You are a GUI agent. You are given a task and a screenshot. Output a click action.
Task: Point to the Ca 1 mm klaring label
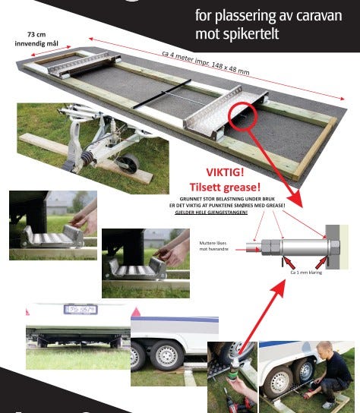click(310, 271)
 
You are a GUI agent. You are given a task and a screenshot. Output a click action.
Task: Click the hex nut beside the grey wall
click(333, 247)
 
